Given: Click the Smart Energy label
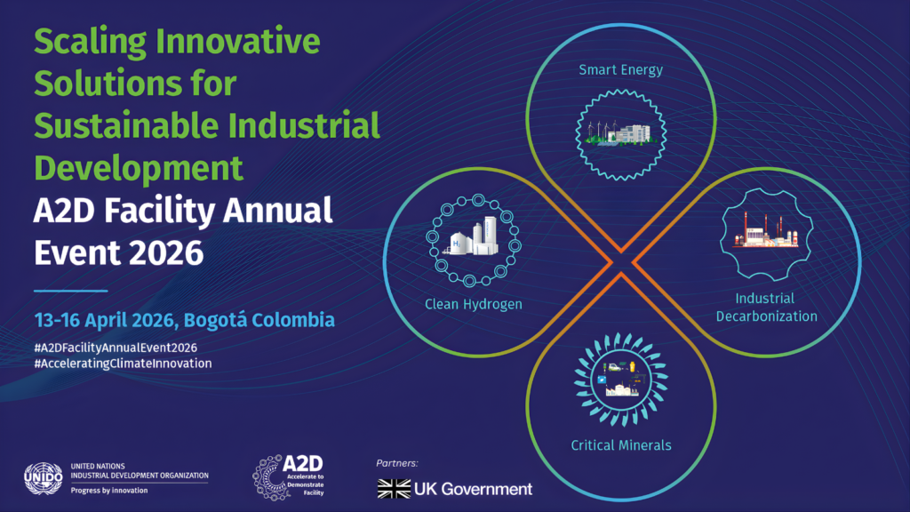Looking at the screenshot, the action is [x=620, y=70].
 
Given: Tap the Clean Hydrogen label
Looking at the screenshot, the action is [x=474, y=304].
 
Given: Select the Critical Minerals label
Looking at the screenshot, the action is [x=621, y=445].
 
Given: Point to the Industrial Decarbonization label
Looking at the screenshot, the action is [x=766, y=307].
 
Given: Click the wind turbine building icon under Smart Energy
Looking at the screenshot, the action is [x=620, y=134].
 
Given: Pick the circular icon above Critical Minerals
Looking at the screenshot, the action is [x=621, y=379].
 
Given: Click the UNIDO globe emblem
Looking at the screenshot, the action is [x=43, y=478].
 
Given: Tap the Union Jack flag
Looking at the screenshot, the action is [x=394, y=489].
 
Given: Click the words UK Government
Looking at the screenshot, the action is [x=473, y=490].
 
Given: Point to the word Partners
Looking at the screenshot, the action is [x=397, y=463].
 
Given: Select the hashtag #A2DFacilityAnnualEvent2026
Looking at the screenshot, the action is [x=116, y=348].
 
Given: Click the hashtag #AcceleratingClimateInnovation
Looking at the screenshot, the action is [x=123, y=364].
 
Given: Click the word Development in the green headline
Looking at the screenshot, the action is [x=138, y=168].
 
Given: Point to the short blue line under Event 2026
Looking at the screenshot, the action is [x=71, y=291].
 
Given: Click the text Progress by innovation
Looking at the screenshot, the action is [x=109, y=491].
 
